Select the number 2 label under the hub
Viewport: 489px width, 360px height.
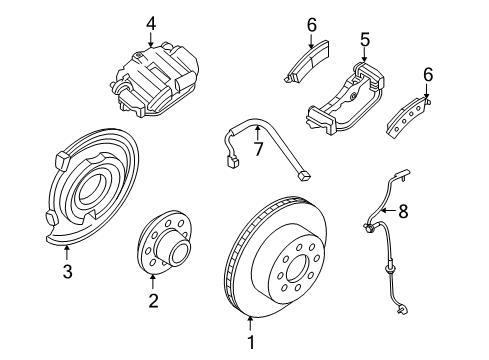[x=152, y=300]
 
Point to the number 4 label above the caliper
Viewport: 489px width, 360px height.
[x=150, y=21]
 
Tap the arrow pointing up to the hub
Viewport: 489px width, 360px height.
[x=152, y=282]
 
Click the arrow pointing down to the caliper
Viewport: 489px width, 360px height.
[x=150, y=38]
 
